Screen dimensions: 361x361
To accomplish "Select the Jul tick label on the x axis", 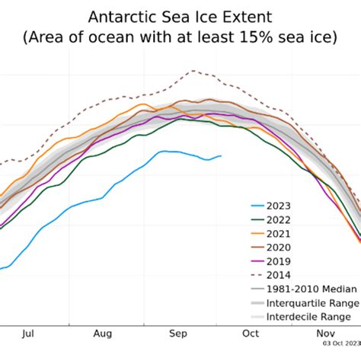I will pyautogui.click(x=29, y=333).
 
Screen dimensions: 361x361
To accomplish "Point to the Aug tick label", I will pyautogui.click(x=104, y=333).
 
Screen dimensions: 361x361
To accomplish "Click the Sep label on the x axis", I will pyautogui.click(x=178, y=333).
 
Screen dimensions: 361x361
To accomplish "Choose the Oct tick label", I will pyautogui.click(x=251, y=333).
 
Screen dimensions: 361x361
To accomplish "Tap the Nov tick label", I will pyautogui.click(x=326, y=333).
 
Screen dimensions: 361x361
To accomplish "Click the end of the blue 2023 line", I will pyautogui.click(x=221, y=156).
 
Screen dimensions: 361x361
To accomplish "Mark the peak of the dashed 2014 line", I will pyautogui.click(x=192, y=71).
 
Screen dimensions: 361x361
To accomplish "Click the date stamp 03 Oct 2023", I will pyautogui.click(x=340, y=344).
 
